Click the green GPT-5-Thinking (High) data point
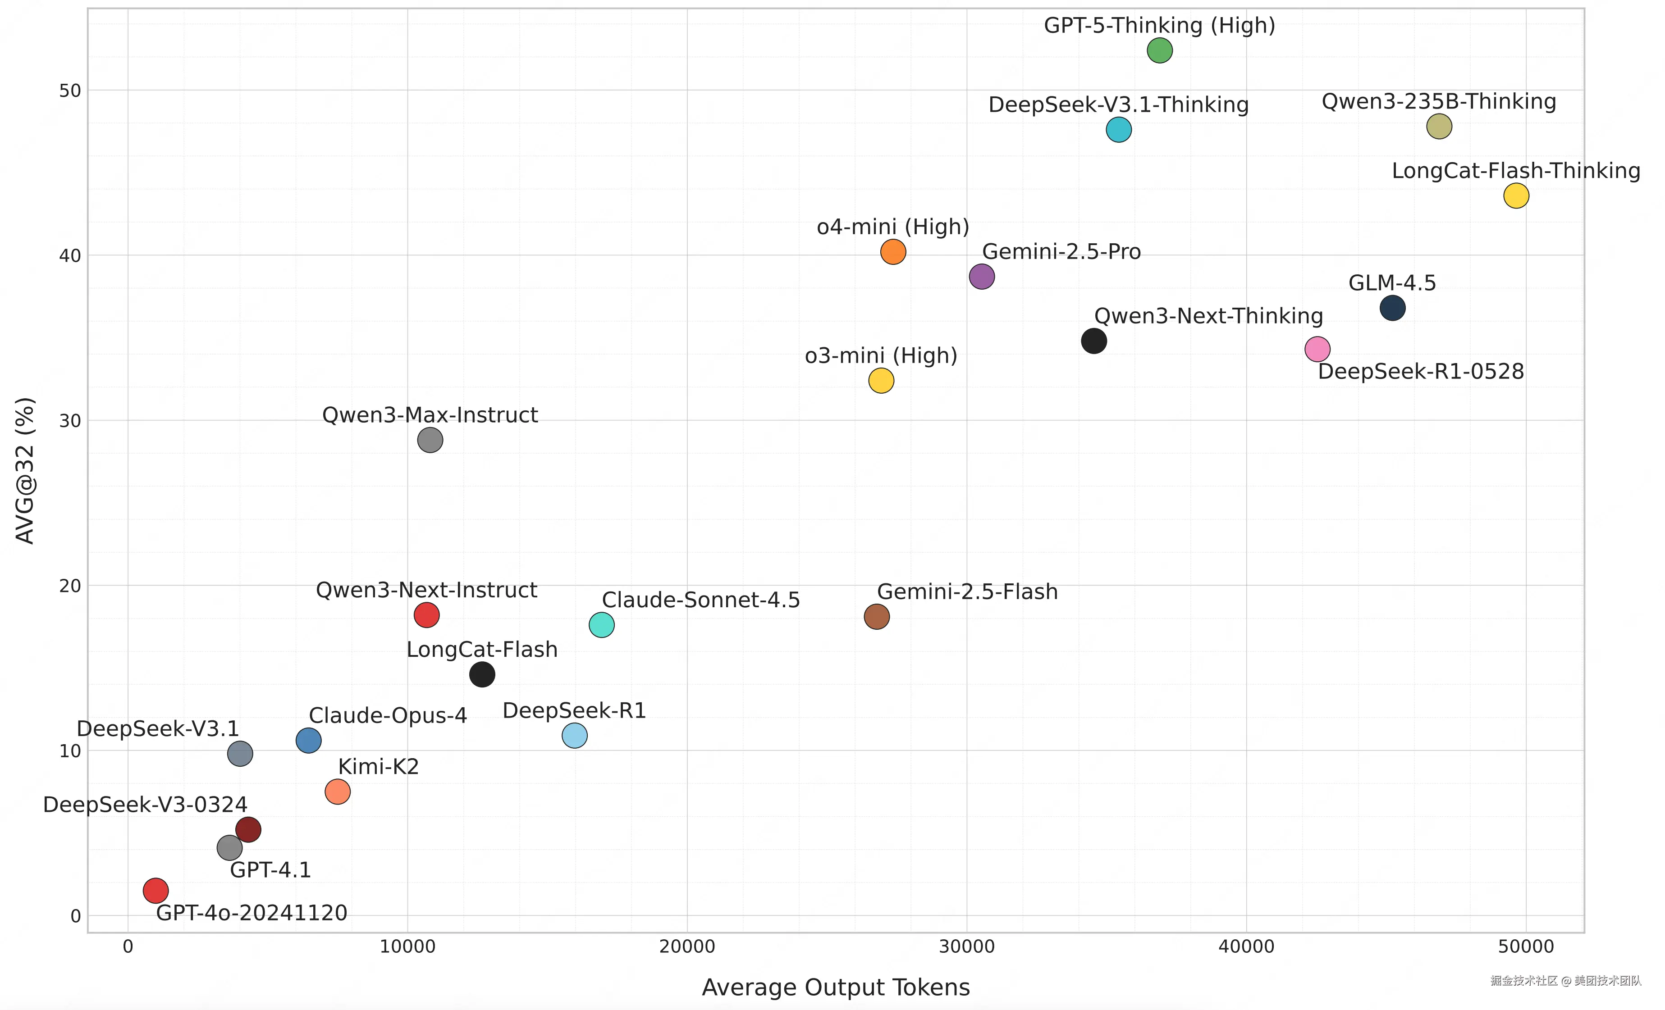[1160, 50]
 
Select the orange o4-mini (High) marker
[892, 252]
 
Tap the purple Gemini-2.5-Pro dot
[981, 276]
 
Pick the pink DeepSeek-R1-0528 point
[1317, 349]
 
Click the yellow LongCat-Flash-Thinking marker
[1516, 196]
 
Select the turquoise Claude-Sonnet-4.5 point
[601, 625]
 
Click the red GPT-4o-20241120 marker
[156, 891]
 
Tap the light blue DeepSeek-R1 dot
[574, 735]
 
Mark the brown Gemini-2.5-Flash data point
[876, 616]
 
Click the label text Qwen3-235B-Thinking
[1439, 101]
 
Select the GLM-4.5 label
[1392, 282]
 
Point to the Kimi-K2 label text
[379, 766]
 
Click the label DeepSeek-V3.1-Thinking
[1118, 105]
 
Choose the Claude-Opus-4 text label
[388, 715]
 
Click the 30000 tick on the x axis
[966, 946]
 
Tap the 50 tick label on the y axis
[69, 91]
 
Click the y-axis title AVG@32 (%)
[25, 470]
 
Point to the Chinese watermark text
[1565, 980]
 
